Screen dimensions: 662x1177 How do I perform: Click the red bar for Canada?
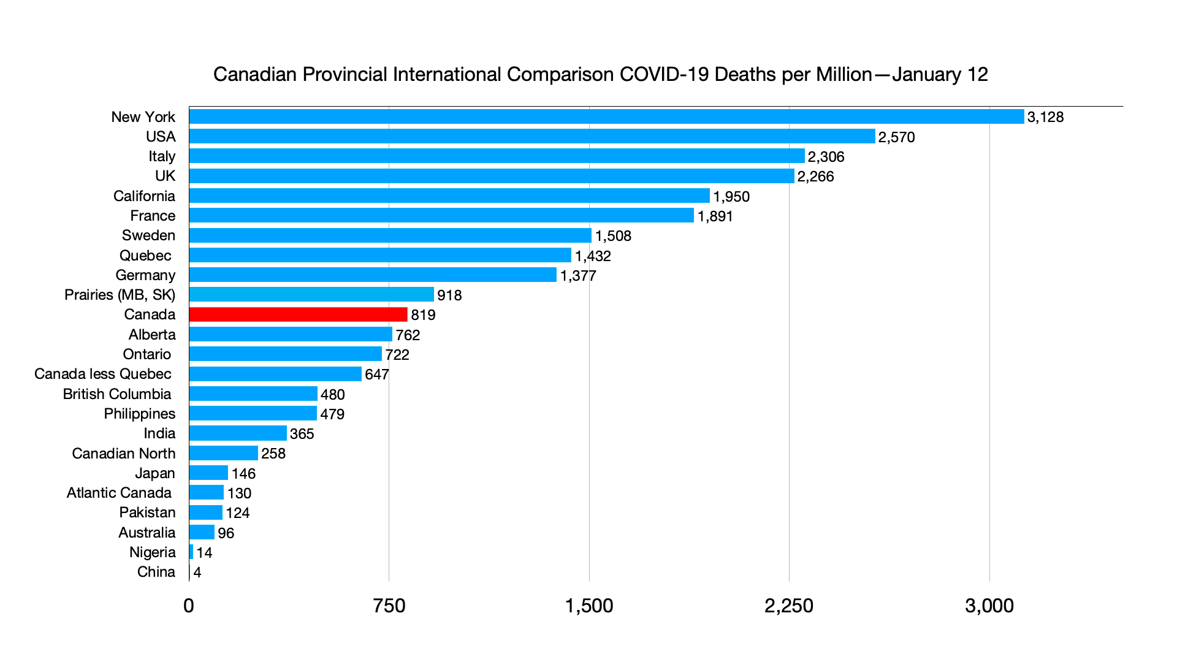pos(298,314)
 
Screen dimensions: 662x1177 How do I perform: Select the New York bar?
pos(606,116)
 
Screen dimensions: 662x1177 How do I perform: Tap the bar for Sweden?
pos(390,235)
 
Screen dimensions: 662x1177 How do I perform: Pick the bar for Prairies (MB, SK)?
pos(311,295)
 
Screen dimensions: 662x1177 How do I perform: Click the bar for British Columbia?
pos(253,394)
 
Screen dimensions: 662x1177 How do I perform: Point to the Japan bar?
pos(208,473)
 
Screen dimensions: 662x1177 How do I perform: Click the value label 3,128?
pos(1045,117)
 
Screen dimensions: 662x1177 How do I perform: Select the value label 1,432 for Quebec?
pos(593,256)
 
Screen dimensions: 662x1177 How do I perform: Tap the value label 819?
pos(423,315)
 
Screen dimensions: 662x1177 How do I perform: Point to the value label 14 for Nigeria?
pos(204,553)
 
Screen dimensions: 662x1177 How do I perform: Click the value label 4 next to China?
pos(197,573)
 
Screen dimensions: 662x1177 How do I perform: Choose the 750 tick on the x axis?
pos(389,606)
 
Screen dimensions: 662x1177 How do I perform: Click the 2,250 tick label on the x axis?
pos(788,606)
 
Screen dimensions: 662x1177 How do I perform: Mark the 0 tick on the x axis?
pos(189,606)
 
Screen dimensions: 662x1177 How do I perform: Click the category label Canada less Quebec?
pos(103,374)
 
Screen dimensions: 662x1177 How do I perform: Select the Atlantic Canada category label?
pos(119,493)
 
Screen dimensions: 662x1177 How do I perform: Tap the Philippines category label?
pos(140,414)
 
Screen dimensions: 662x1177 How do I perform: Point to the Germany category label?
pos(145,275)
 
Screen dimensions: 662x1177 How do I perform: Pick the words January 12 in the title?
pos(940,75)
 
